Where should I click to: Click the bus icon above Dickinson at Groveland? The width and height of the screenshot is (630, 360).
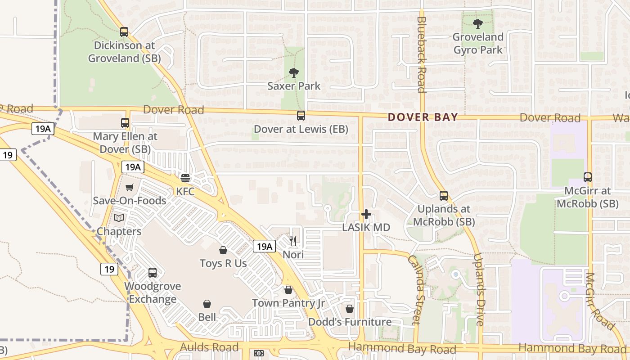[124, 32]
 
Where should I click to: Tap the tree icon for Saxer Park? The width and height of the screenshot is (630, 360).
[294, 72]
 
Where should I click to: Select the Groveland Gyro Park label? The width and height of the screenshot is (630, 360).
[478, 43]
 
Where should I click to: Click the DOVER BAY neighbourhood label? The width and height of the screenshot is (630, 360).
[423, 117]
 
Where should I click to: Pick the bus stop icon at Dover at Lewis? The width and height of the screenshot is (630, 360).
[301, 116]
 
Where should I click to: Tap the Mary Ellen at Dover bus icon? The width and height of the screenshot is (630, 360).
[125, 123]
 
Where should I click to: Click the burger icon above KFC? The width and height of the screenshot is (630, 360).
[185, 178]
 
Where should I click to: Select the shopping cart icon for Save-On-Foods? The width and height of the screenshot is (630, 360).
[130, 187]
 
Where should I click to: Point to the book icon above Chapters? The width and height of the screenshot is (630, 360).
[119, 218]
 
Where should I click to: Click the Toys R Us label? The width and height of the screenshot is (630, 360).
[223, 263]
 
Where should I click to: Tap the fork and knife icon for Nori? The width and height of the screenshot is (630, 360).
[293, 241]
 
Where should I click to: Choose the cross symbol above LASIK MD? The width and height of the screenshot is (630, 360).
[366, 214]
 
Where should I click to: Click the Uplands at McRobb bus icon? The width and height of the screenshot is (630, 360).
[444, 196]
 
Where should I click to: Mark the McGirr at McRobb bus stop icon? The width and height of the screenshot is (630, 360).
[588, 177]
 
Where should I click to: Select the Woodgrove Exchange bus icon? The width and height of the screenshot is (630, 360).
[153, 273]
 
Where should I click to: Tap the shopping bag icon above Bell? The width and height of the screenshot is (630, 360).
[207, 304]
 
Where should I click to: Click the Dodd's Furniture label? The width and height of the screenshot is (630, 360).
[350, 322]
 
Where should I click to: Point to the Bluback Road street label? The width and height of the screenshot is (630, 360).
[421, 54]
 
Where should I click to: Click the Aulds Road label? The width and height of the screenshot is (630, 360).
[209, 347]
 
